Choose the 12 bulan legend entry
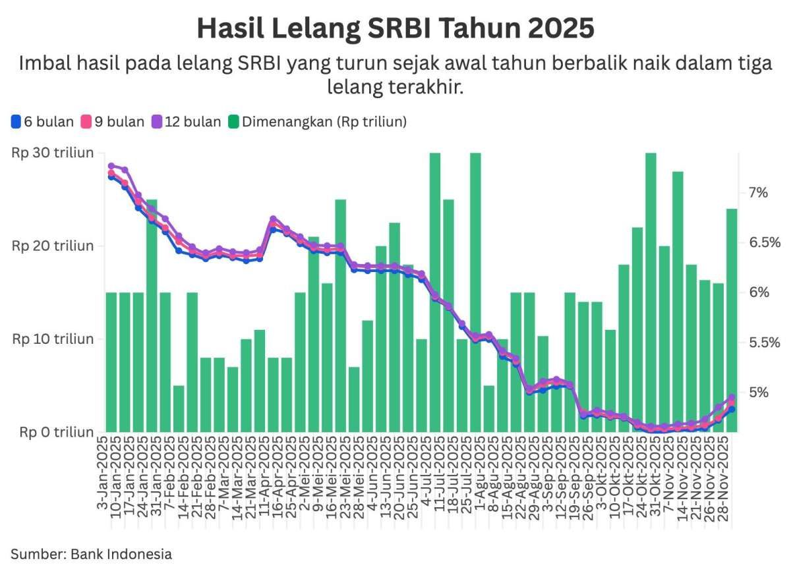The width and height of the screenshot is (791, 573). tap(186, 122)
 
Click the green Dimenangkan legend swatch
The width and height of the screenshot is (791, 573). tap(233, 122)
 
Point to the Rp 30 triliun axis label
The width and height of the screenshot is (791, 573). tap(53, 153)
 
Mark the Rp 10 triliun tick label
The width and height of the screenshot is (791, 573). tap(53, 339)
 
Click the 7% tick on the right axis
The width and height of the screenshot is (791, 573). tap(758, 192)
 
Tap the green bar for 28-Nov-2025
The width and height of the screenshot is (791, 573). tap(732, 316)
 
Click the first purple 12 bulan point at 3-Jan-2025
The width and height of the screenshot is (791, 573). tap(111, 166)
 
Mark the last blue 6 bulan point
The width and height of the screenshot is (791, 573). tap(732, 409)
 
